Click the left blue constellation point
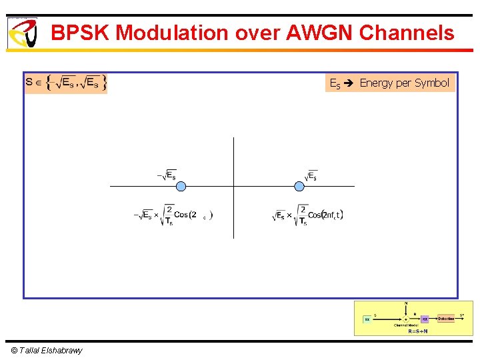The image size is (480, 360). click(x=180, y=186)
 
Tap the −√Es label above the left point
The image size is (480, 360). click(x=167, y=175)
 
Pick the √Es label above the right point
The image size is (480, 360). click(x=311, y=175)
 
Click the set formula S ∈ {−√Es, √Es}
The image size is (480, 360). click(x=65, y=83)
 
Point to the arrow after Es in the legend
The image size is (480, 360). click(x=350, y=83)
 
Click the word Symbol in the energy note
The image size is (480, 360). click(x=432, y=83)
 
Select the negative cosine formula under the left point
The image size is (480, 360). click(x=173, y=215)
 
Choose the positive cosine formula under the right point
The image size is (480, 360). click(x=308, y=215)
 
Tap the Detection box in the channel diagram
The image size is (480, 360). click(x=446, y=319)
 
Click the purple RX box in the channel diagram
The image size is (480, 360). click(x=425, y=319)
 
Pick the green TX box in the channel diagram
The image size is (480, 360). click(x=367, y=319)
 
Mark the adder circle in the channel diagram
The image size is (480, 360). click(x=405, y=319)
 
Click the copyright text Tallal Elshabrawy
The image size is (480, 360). click(x=47, y=351)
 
